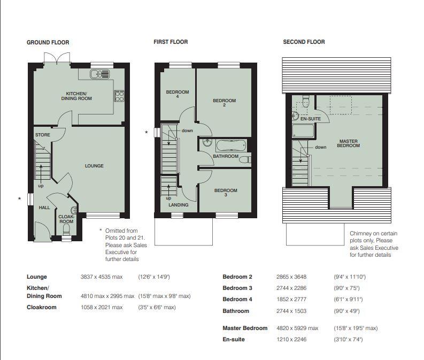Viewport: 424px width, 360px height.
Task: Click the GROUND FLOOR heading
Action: point(48,42)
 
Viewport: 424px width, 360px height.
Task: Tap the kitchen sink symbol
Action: point(100,74)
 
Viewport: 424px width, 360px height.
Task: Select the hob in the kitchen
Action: point(119,96)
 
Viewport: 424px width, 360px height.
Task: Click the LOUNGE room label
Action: point(94,166)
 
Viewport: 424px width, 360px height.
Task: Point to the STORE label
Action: point(43,135)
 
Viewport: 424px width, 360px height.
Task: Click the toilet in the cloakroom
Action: point(66,230)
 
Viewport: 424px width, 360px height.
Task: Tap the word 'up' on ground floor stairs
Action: point(41,186)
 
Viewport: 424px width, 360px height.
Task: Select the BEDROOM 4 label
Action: point(178,94)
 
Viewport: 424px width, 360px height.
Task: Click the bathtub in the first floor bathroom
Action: point(231,146)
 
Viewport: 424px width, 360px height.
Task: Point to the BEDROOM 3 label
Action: point(226,193)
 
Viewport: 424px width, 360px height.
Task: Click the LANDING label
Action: point(179,205)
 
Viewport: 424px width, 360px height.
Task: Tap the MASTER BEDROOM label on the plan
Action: point(348,143)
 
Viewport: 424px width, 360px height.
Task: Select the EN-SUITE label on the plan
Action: point(311,119)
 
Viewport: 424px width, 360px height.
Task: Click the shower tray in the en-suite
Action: point(303,131)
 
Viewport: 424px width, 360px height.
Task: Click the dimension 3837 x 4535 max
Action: point(102,277)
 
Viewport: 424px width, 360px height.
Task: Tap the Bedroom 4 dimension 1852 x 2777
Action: point(291,300)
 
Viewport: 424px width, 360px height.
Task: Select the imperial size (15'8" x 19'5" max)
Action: point(356,328)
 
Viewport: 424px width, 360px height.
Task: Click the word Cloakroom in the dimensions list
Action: point(42,307)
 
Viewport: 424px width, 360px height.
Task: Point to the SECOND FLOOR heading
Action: point(304,42)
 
